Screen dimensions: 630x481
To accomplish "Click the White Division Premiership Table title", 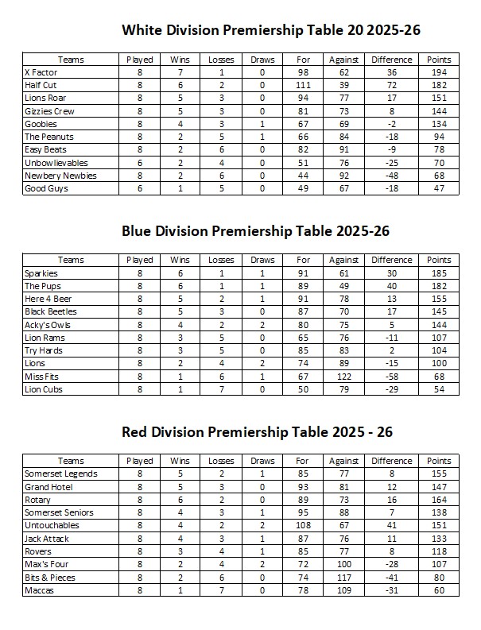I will tap(270, 30).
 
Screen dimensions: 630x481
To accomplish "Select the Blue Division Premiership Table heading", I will tap(266, 231).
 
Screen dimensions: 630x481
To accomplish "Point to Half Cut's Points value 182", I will tap(438, 85).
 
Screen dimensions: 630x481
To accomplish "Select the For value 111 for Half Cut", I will tap(304, 85).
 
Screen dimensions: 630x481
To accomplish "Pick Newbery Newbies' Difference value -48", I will tap(392, 176).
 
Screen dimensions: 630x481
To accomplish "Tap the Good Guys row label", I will tap(47, 188).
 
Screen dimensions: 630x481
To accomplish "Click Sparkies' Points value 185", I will tap(438, 273).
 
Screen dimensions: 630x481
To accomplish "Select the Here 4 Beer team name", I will tap(48, 299).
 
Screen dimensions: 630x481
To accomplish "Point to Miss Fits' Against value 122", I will tap(343, 376).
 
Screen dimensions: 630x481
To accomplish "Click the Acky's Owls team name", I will tap(48, 325).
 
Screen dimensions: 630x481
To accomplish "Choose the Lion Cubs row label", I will tap(44, 389).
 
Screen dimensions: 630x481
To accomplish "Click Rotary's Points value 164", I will tap(438, 500).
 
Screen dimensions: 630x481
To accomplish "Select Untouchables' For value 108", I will tap(304, 525).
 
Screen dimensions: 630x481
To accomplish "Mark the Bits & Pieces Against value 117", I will tap(343, 577).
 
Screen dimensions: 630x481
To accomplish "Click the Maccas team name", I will tap(40, 589).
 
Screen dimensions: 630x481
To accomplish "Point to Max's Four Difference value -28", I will tap(392, 564).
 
